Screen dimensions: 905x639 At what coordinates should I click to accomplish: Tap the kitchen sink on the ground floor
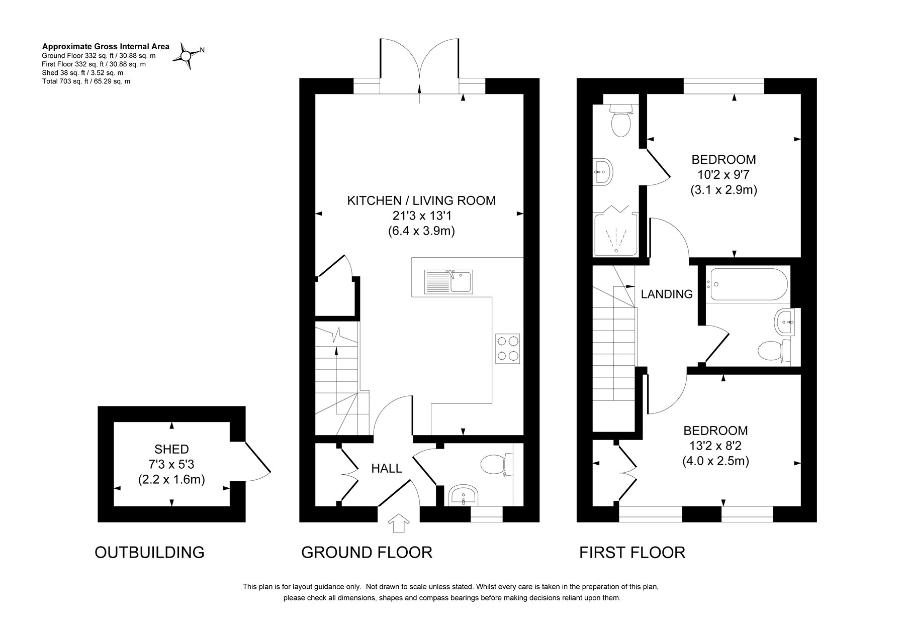pos(448,281)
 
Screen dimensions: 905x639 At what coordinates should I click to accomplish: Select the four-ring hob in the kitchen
pos(507,348)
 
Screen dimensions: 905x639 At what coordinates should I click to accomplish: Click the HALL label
pos(387,469)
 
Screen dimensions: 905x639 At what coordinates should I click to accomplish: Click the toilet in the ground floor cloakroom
pos(497,464)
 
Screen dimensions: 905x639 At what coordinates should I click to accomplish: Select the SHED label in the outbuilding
pos(171,449)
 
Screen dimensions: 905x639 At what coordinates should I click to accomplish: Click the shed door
pos(257,457)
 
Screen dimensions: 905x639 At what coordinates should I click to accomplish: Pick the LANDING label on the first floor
pos(667,294)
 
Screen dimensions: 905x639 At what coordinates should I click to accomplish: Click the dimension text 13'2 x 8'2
pos(715,446)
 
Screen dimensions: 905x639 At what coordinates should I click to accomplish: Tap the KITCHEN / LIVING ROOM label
pos(421,201)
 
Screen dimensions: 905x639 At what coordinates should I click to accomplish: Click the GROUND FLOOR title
pos(367,553)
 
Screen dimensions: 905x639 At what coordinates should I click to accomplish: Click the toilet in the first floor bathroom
pos(773,350)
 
